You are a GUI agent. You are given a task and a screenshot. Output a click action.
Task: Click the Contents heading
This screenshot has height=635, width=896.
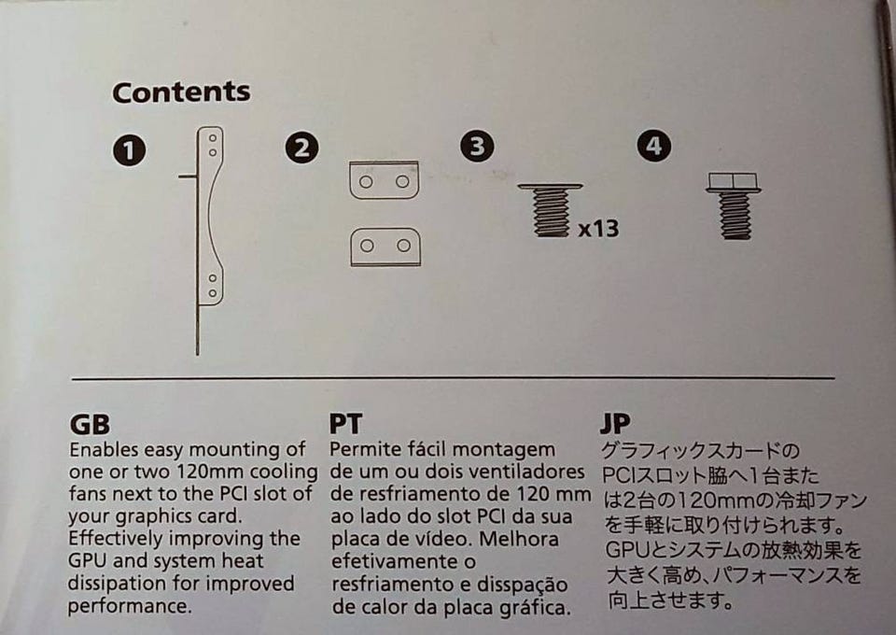click(x=181, y=92)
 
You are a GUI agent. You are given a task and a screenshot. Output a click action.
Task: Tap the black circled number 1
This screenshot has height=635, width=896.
click(x=129, y=150)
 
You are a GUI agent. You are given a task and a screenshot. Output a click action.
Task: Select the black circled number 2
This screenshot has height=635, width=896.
click(x=301, y=148)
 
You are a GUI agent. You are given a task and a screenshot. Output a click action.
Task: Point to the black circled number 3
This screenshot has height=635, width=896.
click(x=477, y=146)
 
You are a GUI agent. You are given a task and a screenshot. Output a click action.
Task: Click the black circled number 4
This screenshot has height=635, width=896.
click(x=653, y=146)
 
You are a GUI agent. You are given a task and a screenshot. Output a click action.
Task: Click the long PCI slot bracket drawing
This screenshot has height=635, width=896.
click(x=198, y=240)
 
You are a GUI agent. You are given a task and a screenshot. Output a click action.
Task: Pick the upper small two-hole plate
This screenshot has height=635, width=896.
click(x=384, y=180)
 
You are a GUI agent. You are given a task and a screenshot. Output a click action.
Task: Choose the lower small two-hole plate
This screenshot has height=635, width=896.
click(x=385, y=247)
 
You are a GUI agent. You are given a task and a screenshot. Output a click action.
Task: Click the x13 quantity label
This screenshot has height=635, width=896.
click(x=598, y=229)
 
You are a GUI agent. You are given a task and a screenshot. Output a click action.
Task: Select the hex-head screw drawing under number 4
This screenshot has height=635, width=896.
click(x=734, y=205)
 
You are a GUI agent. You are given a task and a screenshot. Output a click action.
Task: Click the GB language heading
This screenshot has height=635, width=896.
click(x=90, y=425)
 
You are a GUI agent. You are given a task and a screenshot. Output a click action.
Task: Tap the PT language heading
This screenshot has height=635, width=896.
click(x=345, y=424)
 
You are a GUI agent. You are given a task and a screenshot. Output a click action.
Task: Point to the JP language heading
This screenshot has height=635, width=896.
click(x=615, y=424)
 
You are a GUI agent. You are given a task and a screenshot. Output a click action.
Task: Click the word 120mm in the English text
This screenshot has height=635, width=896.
click(x=211, y=472)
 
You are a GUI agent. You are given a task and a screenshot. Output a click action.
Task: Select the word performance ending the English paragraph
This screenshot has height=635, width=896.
click(x=129, y=606)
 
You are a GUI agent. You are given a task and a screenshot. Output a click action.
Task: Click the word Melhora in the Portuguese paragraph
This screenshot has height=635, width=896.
click(x=519, y=539)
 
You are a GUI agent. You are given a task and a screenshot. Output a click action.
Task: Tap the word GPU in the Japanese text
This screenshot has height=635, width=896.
click(x=626, y=550)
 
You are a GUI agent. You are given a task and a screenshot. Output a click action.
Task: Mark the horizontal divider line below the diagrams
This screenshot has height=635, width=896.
click(x=454, y=378)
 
